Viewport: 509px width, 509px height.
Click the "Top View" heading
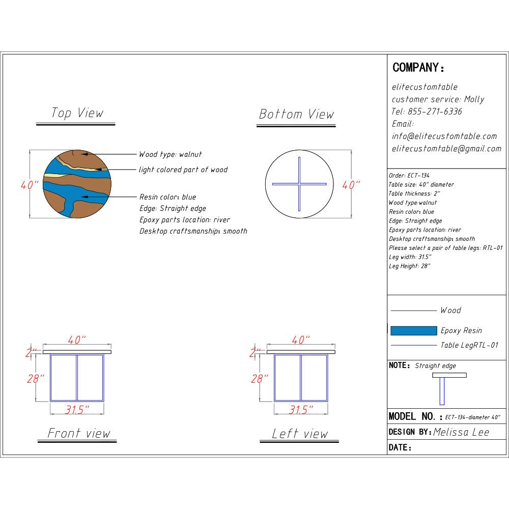pyautogui.click(x=77, y=113)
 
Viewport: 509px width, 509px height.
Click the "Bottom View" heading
pyautogui.click(x=296, y=114)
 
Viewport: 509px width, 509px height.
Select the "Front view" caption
pyautogui.click(x=79, y=433)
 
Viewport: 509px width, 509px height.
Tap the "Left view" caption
pyautogui.click(x=300, y=434)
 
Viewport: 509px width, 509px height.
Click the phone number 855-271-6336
pyautogui.click(x=435, y=111)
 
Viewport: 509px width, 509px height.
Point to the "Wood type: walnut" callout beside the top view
pyautogui.click(x=170, y=154)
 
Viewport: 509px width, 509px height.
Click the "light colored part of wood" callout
pyautogui.click(x=183, y=170)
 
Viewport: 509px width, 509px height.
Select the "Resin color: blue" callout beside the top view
pyautogui.click(x=168, y=197)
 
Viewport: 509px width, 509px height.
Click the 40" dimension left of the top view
pyautogui.click(x=30, y=185)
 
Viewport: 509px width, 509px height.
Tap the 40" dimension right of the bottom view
pyautogui.click(x=351, y=185)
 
